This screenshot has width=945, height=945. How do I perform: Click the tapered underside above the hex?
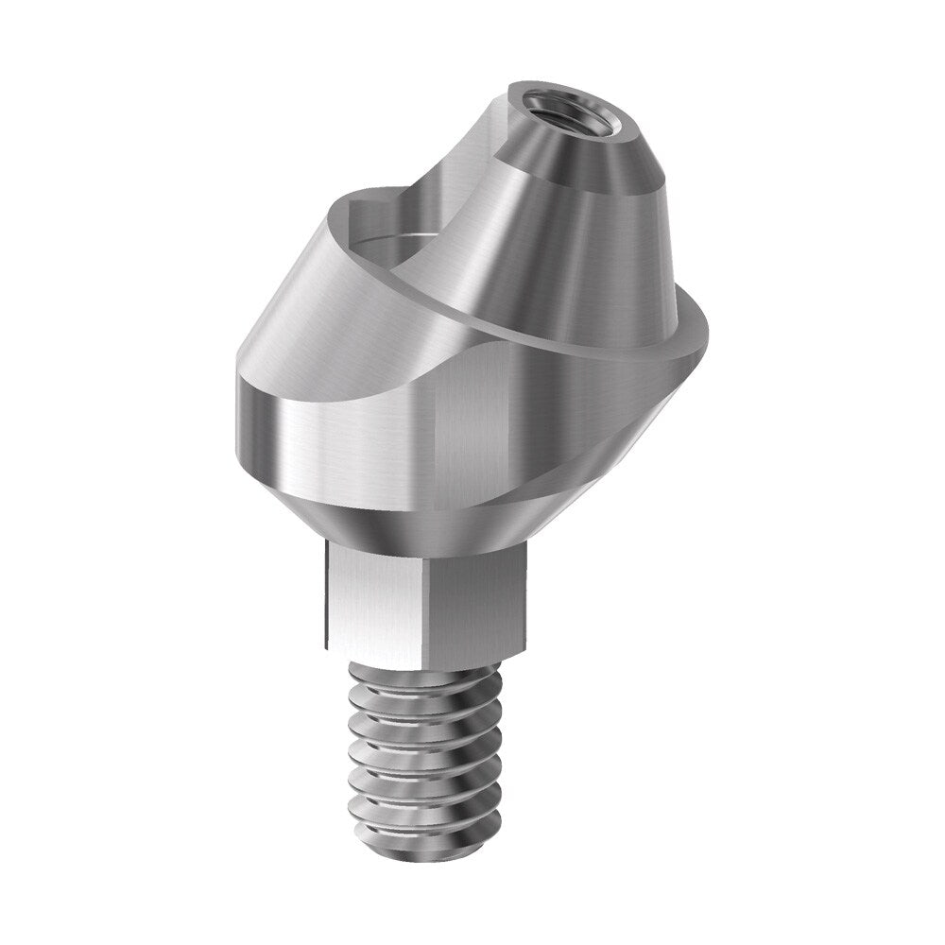click(x=425, y=515)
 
